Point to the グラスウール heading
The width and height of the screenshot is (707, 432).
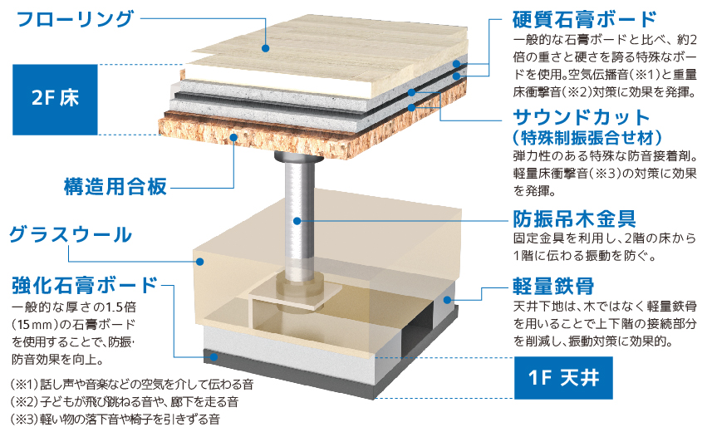click(71, 235)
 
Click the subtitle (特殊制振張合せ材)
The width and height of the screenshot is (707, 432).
click(581, 135)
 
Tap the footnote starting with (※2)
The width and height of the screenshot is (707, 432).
click(125, 403)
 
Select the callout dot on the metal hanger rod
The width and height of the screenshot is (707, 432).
click(297, 221)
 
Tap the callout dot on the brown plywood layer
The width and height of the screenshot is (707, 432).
click(235, 137)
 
